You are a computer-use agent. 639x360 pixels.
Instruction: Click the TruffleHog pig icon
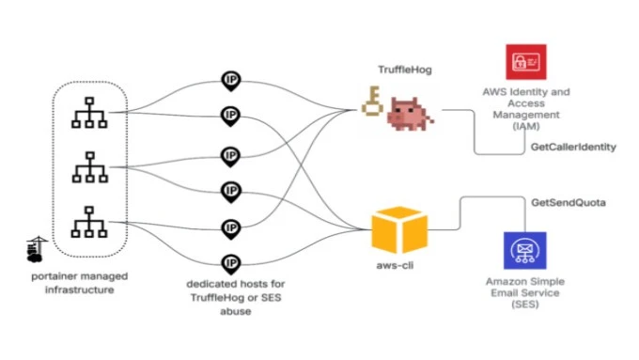coord(411,115)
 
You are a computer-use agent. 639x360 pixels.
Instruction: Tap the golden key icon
coord(374,106)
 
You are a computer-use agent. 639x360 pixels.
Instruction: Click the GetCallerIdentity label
coord(573,148)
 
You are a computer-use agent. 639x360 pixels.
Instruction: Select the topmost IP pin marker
coord(230,80)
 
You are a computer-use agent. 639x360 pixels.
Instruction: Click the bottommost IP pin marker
coord(230,264)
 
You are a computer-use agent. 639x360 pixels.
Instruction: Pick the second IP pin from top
coord(230,117)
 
